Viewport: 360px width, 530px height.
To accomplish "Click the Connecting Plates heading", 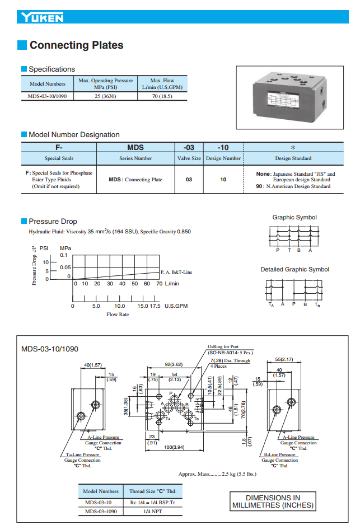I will pos(76,45).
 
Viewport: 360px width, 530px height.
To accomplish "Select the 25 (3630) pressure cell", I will pos(105,96).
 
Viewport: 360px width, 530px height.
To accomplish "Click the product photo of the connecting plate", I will pos(290,99).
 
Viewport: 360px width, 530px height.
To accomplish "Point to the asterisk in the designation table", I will pos(293,148).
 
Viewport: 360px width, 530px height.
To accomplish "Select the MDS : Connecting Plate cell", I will pos(135,180).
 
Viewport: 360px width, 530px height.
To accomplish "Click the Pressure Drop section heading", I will pos(53,221).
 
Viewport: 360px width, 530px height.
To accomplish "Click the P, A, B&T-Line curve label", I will pos(176,272).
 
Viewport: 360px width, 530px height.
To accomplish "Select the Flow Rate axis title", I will pos(118,315).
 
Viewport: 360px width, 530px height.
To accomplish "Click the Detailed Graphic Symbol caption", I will pos(294,270).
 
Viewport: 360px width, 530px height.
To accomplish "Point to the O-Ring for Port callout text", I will pos(223,347).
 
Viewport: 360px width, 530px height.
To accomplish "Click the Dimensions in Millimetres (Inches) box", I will pos(270,501).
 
